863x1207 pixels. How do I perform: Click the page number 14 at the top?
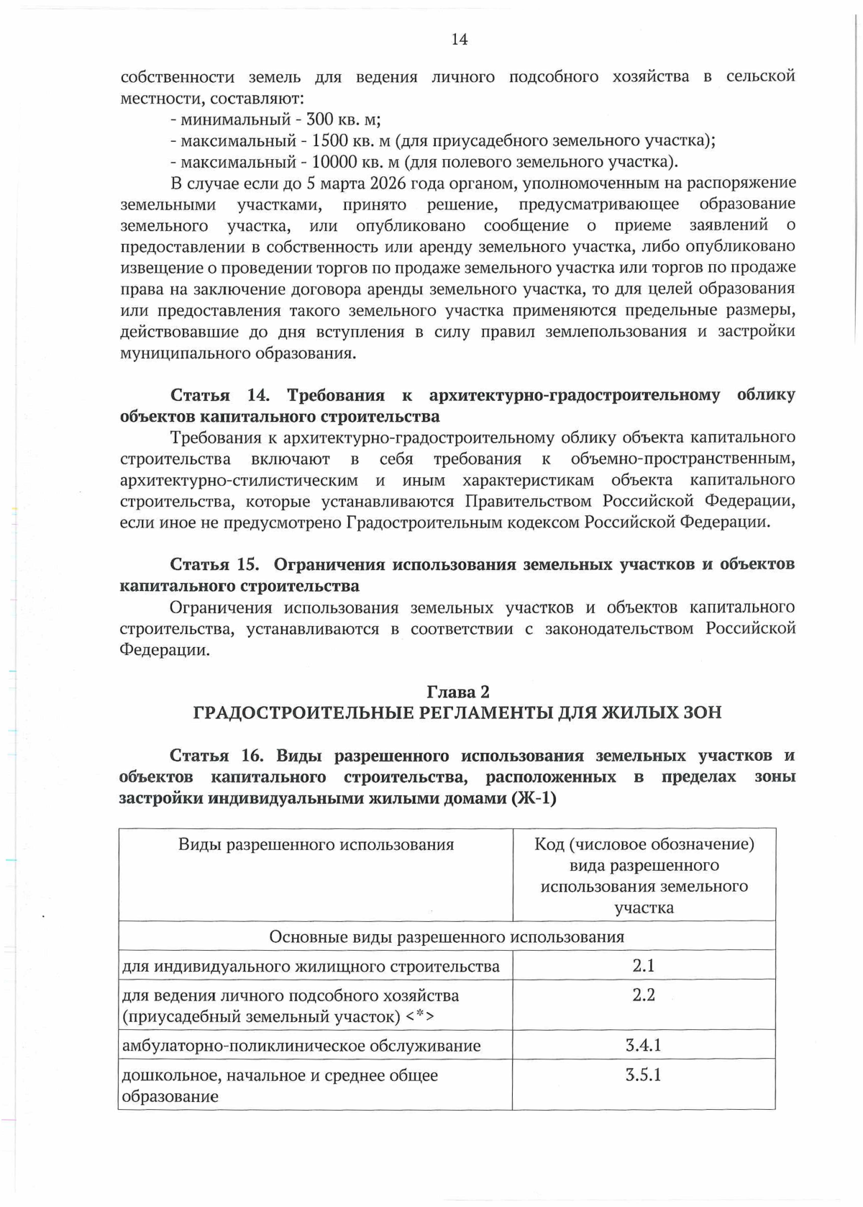[460, 40]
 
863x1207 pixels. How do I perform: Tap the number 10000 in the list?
[339, 162]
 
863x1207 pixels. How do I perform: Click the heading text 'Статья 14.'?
[219, 395]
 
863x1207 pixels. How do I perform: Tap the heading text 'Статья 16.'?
[217, 756]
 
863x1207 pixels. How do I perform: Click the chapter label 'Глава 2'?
[458, 692]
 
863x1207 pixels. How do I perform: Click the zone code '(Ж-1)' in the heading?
[533, 799]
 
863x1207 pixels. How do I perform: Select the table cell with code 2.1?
[644, 966]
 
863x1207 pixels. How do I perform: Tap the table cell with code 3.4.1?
[644, 1045]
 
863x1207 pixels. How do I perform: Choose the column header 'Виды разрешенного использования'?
[316, 845]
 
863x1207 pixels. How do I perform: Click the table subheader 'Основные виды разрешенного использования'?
[447, 937]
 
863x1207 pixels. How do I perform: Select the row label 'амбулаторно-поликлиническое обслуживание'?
[301, 1046]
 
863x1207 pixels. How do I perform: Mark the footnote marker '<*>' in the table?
[420, 1017]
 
